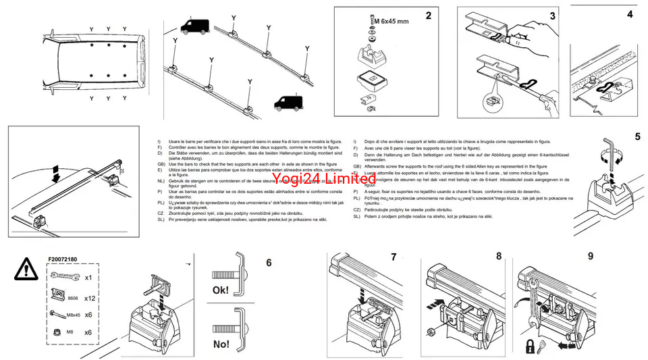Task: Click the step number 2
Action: pos(428,16)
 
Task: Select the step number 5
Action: pos(637,136)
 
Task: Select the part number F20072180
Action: pos(63,259)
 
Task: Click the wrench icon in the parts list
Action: pos(61,277)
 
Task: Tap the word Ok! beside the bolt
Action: pos(221,291)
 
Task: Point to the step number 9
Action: pos(591,256)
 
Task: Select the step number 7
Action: pos(394,257)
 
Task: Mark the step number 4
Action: pos(630,14)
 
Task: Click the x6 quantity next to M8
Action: pos(88,333)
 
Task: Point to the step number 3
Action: pos(552,16)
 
